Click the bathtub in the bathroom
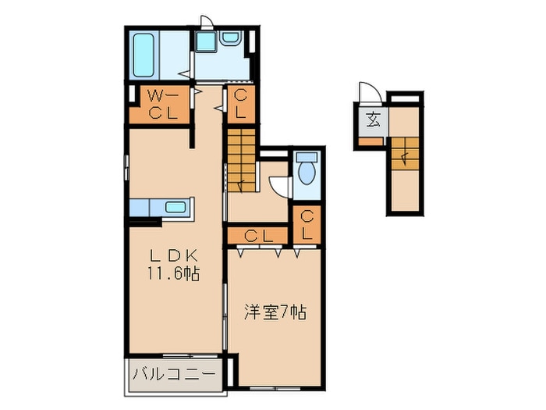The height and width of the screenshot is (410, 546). [144, 55]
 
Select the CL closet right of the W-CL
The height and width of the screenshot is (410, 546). [240, 105]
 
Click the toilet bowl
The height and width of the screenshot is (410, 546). [305, 170]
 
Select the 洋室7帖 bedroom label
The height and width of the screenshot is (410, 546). [274, 312]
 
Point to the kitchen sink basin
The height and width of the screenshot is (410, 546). [176, 208]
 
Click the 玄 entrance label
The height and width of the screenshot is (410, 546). [374, 121]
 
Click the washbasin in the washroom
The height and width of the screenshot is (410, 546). [231, 37]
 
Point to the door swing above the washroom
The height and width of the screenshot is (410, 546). [204, 23]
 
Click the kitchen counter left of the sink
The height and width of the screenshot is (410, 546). [147, 208]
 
